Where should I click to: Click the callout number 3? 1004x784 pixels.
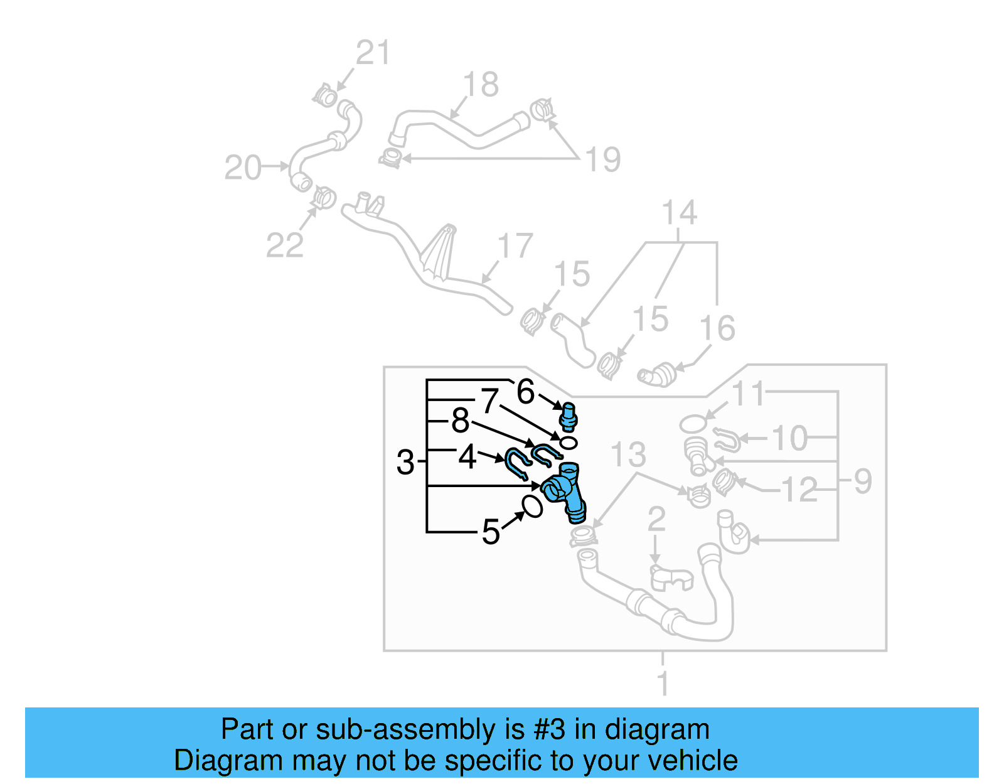(x=406, y=463)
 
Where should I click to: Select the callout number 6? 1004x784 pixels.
(x=525, y=392)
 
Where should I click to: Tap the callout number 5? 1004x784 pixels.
(x=491, y=532)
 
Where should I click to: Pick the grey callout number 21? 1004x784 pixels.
(x=373, y=53)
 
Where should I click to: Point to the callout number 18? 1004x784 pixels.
(x=481, y=85)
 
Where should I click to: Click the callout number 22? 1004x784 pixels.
(x=285, y=245)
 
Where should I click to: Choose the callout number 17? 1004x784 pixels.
(x=515, y=246)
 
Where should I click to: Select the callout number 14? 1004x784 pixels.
(x=680, y=213)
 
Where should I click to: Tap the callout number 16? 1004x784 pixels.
(x=717, y=328)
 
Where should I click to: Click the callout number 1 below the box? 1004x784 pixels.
(x=663, y=683)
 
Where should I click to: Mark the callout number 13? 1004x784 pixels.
(x=628, y=454)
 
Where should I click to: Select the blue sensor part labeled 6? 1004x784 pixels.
(x=569, y=417)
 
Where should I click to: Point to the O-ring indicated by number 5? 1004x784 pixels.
(x=532, y=506)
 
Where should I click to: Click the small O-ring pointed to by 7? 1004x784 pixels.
(x=568, y=443)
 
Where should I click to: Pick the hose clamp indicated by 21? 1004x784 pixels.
(x=326, y=97)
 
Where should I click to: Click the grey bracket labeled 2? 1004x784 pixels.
(x=670, y=578)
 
